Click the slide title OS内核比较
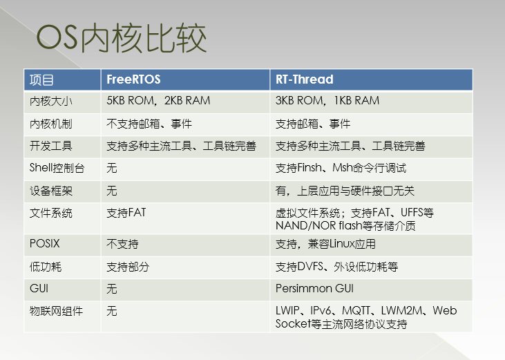click(x=122, y=39)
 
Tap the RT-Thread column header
click(x=304, y=79)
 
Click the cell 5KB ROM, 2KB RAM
click(x=158, y=101)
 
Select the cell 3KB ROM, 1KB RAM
click(x=327, y=101)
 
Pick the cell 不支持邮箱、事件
click(x=149, y=124)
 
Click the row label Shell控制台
click(x=56, y=168)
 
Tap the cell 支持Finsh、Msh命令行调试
click(x=341, y=168)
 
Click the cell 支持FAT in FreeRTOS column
click(x=126, y=213)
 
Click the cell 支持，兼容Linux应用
click(x=325, y=244)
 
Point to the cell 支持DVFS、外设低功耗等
click(x=336, y=266)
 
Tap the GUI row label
click(x=39, y=289)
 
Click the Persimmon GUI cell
click(x=314, y=289)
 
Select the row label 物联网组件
click(x=56, y=311)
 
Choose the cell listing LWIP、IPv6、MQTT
click(x=366, y=317)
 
